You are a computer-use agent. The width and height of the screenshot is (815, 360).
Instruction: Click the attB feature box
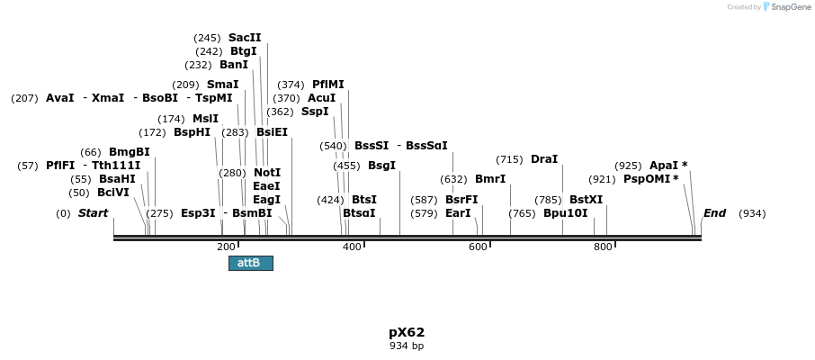pyautogui.click(x=250, y=263)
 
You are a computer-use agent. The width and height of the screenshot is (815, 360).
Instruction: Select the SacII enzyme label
pyautogui.click(x=245, y=38)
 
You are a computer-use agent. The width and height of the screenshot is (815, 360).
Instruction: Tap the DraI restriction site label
pyautogui.click(x=544, y=159)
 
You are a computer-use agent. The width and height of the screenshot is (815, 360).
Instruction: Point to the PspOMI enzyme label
pyautogui.click(x=646, y=179)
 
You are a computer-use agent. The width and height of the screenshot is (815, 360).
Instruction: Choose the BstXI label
pyautogui.click(x=586, y=200)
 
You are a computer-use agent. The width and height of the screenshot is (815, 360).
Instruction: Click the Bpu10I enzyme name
pyautogui.click(x=565, y=213)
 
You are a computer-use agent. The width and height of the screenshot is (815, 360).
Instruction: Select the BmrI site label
pyautogui.click(x=490, y=179)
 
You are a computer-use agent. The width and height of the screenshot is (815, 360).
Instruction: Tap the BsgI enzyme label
pyautogui.click(x=381, y=166)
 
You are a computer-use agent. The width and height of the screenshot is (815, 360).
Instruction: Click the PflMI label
pyautogui.click(x=327, y=85)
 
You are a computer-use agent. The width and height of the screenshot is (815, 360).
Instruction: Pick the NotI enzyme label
pyautogui.click(x=266, y=173)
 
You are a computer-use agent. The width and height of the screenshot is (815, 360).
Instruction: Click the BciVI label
pyautogui.click(x=113, y=193)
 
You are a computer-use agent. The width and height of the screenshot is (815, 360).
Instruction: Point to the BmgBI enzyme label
pyautogui.click(x=129, y=152)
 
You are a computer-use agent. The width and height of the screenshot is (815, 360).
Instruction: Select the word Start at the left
pyautogui.click(x=93, y=213)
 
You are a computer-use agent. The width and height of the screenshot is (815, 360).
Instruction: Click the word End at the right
pyautogui.click(x=714, y=213)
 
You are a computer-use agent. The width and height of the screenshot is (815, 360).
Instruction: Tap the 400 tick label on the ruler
pyautogui.click(x=352, y=247)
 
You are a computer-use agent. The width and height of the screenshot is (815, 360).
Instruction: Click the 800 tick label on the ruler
pyautogui.click(x=603, y=247)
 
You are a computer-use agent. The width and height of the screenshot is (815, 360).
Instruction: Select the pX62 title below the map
pyautogui.click(x=407, y=332)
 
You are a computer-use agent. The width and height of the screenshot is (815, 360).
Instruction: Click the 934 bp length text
pyautogui.click(x=407, y=346)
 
